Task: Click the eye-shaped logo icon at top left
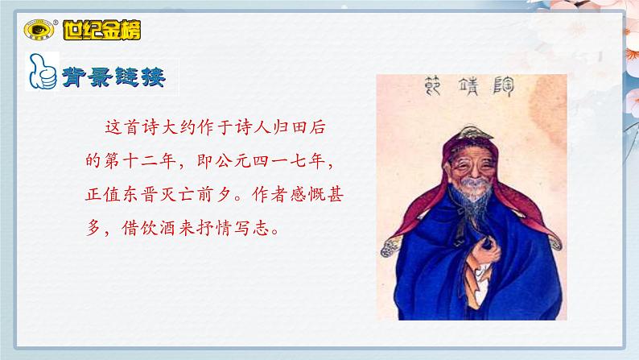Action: pyautogui.click(x=37, y=31)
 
